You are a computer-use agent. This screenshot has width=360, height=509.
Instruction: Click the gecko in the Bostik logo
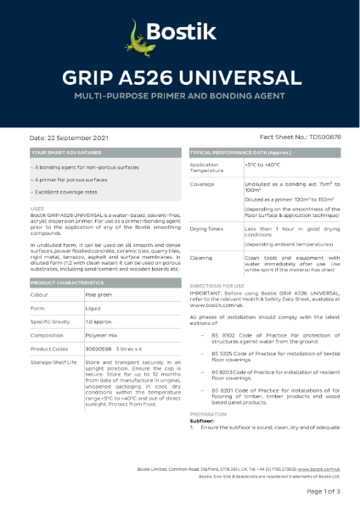(x=138, y=35)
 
